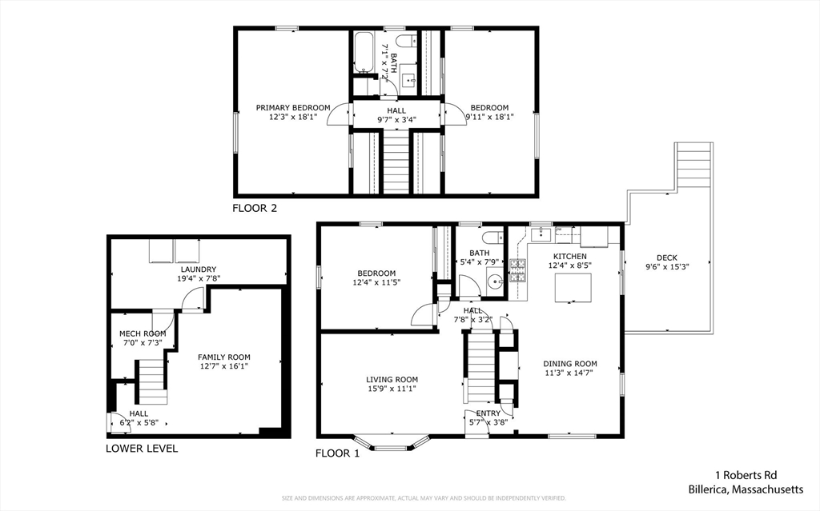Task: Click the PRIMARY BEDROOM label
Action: click(x=292, y=107)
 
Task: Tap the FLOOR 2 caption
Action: click(x=255, y=209)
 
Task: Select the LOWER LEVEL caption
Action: click(x=142, y=449)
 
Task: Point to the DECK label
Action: click(x=667, y=257)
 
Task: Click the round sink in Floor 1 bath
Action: click(x=496, y=281)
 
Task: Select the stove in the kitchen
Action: click(x=519, y=272)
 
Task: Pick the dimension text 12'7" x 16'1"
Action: click(x=224, y=367)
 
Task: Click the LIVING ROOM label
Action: click(x=392, y=380)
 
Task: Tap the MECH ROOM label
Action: click(x=143, y=333)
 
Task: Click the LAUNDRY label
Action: click(x=199, y=269)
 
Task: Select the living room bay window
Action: click(x=392, y=442)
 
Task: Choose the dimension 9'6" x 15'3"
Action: click(x=667, y=267)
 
